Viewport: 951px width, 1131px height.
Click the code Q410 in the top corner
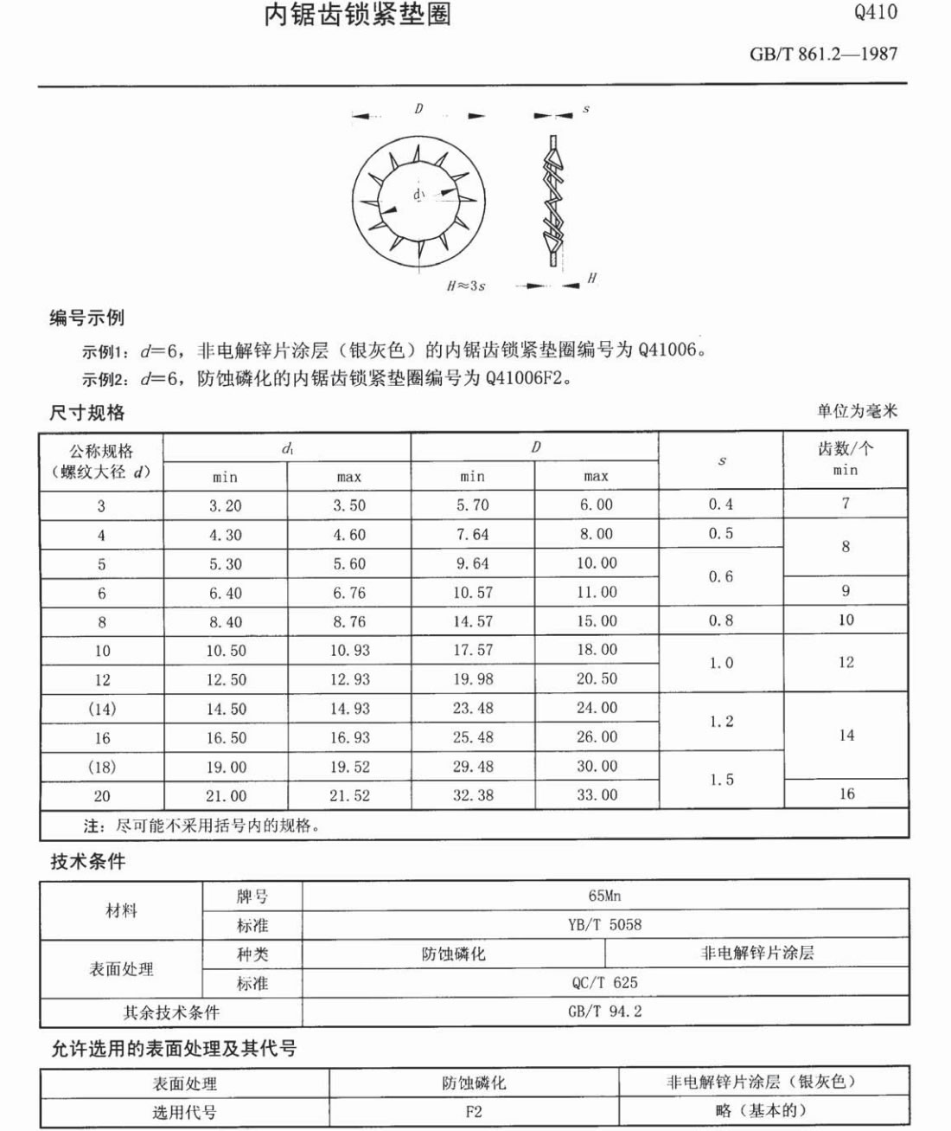875,12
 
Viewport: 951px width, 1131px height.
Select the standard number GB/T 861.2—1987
823,54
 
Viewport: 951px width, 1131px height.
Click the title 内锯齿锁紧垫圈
357,14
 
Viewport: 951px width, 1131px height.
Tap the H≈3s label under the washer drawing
466,286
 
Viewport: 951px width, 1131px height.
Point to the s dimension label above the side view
586,110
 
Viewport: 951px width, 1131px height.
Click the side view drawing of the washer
552,200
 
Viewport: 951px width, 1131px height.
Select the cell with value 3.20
225,505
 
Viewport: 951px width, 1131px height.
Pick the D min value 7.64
473,535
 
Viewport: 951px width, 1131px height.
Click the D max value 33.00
597,795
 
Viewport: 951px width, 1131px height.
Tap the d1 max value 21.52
349,795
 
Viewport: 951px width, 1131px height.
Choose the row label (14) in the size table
101,709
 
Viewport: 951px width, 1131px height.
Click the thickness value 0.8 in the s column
720,620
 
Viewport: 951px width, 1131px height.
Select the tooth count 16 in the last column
846,794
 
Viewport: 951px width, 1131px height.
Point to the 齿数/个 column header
845,449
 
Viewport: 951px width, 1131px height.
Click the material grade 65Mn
604,896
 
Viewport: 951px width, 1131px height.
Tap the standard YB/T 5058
604,924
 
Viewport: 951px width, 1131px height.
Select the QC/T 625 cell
604,982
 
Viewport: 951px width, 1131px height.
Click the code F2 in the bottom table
473,1111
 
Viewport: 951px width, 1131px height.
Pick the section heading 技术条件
87,861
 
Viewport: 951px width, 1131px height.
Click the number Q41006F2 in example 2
527,378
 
